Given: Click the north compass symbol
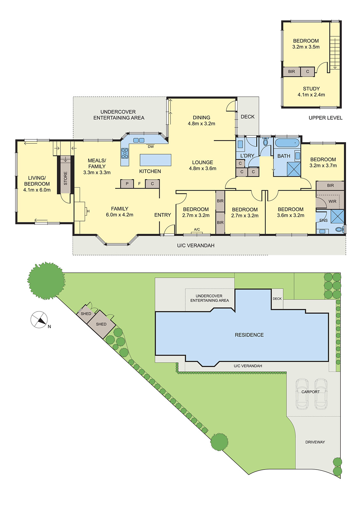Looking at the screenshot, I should click(x=39, y=319).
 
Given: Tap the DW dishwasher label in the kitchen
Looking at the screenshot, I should click(x=151, y=147).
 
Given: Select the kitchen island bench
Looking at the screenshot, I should click(x=155, y=160).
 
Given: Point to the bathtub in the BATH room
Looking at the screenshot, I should click(x=287, y=143).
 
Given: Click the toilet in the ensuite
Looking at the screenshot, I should click(x=340, y=229).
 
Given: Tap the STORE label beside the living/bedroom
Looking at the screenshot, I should click(x=66, y=178).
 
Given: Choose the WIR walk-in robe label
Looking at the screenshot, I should click(x=332, y=201).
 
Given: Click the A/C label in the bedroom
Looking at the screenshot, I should click(x=197, y=229).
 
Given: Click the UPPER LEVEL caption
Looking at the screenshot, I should click(x=325, y=118).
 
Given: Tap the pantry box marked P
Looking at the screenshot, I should click(x=127, y=184).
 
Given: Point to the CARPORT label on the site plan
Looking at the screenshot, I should click(x=310, y=392).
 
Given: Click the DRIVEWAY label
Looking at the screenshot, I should click(x=315, y=442).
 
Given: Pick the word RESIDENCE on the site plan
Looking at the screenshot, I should click(x=249, y=335).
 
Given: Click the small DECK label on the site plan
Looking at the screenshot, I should click(x=277, y=299).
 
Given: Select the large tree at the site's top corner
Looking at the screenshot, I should click(x=46, y=281).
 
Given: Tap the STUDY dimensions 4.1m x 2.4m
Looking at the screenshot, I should click(x=311, y=95).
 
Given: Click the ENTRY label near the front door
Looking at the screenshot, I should click(x=163, y=215).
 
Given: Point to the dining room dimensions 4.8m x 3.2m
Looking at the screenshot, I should click(x=201, y=124).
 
